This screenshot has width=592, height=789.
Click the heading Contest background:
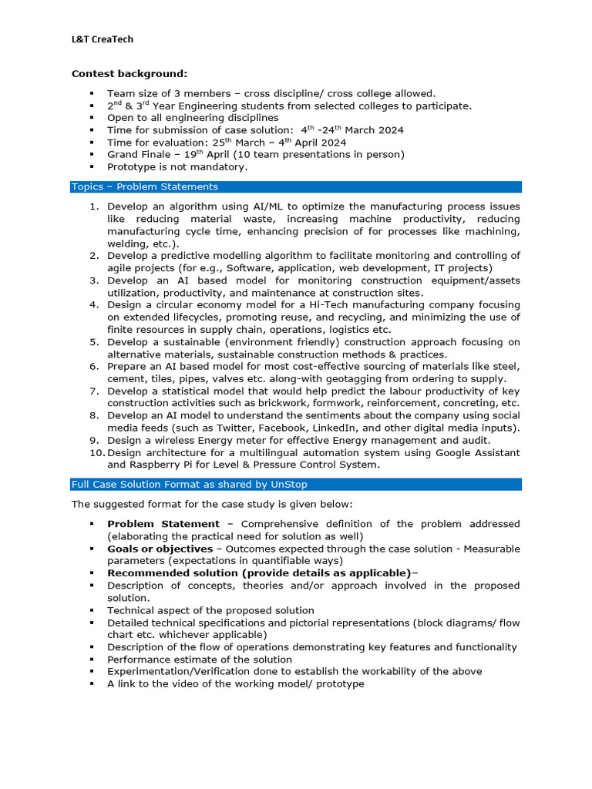coord(129,74)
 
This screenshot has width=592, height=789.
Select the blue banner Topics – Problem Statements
coord(145,186)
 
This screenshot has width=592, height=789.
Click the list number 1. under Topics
coord(94,206)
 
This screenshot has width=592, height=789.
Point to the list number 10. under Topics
coord(96,452)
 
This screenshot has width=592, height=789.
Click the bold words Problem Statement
coord(163,524)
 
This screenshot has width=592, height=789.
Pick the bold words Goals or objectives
coord(160,549)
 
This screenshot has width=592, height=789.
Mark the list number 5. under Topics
coord(94,342)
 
